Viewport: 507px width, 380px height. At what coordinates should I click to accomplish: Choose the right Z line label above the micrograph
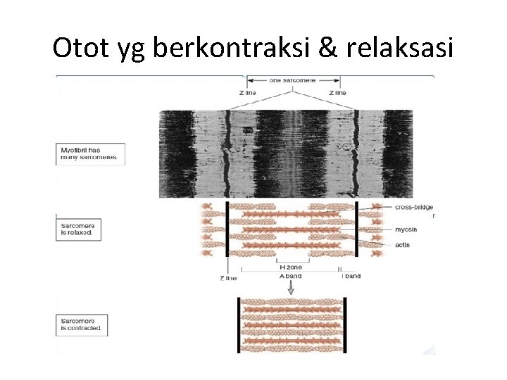[337, 93]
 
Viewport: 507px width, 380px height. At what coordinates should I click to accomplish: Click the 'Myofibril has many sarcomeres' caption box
[89, 154]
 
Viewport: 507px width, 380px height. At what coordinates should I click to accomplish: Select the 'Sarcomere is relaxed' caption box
[80, 228]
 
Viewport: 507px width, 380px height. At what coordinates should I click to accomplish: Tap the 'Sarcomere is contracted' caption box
[82, 324]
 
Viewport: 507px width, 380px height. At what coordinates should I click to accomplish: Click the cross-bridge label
[413, 208]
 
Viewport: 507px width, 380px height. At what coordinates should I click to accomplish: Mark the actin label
[403, 244]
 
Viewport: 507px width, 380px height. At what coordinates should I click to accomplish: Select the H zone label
[290, 267]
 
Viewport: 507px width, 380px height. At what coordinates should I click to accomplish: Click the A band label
[290, 276]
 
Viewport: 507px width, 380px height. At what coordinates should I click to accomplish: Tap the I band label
[351, 276]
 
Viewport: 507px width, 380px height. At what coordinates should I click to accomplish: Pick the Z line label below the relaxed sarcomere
[228, 278]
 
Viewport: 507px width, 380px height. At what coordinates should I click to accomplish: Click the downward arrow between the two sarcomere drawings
[290, 288]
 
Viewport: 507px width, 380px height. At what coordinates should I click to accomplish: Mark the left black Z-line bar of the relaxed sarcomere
[227, 229]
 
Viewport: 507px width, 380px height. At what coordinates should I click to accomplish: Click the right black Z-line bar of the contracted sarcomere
[345, 325]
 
